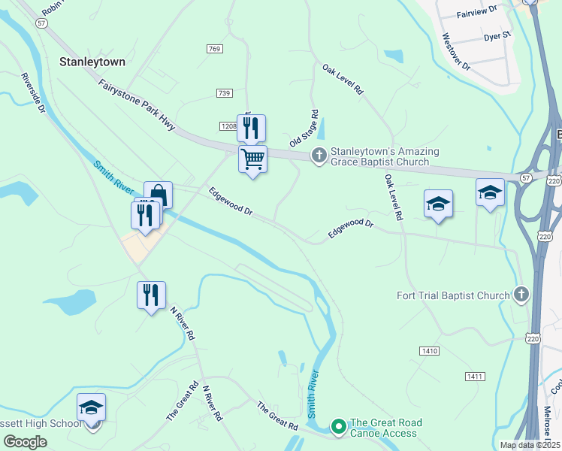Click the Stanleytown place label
(x=92, y=62)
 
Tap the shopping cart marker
(x=253, y=159)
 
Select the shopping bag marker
(x=158, y=195)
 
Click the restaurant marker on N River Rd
(x=151, y=295)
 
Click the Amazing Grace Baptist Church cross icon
(x=319, y=156)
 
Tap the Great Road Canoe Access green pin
(x=338, y=428)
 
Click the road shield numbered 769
(x=215, y=48)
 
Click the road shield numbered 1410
(x=429, y=351)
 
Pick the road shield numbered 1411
(x=475, y=376)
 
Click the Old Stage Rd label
(x=304, y=129)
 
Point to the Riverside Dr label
(x=34, y=93)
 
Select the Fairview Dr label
(x=477, y=13)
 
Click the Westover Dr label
(x=456, y=51)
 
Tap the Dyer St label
(x=497, y=35)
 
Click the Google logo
(x=25, y=441)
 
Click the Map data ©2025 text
(x=529, y=445)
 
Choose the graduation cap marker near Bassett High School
(x=92, y=408)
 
